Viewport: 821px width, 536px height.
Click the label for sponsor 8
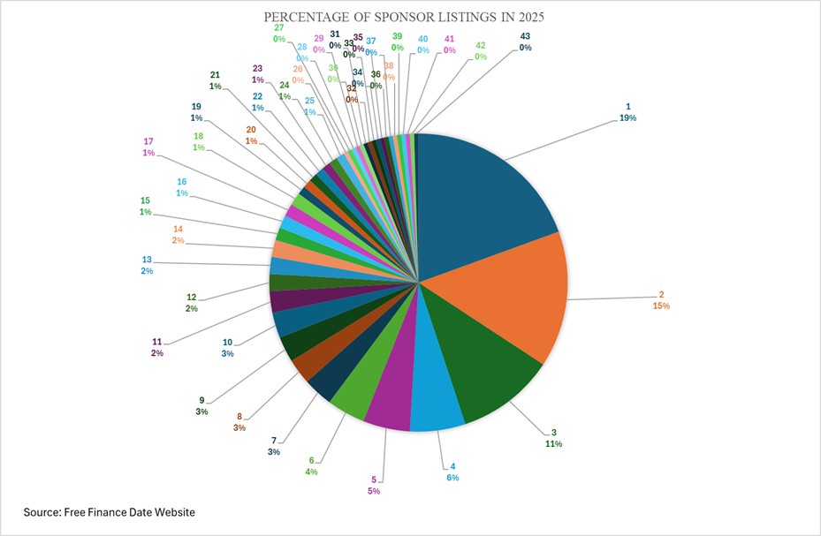click(x=238, y=422)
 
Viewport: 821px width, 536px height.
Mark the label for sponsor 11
click(x=157, y=347)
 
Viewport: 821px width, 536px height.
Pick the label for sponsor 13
click(x=147, y=265)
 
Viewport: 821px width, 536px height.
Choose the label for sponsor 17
click(x=148, y=147)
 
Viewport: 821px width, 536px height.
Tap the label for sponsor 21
click(x=215, y=80)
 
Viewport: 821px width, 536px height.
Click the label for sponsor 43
click(x=525, y=42)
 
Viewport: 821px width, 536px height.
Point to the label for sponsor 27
click(x=278, y=34)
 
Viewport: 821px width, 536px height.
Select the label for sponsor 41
click(x=450, y=45)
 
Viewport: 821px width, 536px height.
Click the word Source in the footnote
click(x=44, y=512)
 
